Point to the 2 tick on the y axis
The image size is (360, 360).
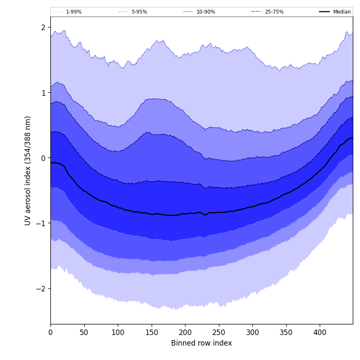click(43, 28)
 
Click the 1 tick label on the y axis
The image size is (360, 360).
click(43, 93)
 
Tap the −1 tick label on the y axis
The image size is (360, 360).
click(42, 223)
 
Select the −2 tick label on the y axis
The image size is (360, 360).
click(42, 288)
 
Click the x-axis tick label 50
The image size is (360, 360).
click(84, 332)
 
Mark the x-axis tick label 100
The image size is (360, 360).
click(118, 332)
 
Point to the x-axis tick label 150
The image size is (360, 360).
click(152, 332)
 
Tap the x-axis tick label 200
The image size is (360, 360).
click(185, 332)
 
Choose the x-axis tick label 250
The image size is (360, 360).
click(219, 332)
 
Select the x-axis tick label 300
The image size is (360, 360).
click(252, 332)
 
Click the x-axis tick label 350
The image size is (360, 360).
click(286, 332)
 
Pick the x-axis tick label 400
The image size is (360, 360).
click(320, 332)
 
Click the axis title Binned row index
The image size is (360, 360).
click(202, 343)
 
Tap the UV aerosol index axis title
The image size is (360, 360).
click(28, 170)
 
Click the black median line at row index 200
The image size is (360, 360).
click(185, 213)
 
